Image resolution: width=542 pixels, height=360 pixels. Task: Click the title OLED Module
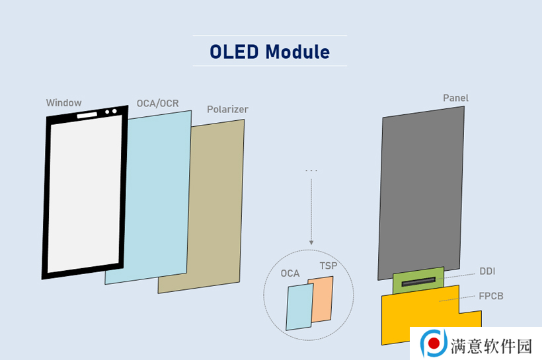pos(270,51)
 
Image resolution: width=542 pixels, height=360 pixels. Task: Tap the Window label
pos(63,102)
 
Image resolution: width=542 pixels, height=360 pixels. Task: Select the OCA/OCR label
pos(157,104)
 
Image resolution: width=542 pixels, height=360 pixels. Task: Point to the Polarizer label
pos(227,109)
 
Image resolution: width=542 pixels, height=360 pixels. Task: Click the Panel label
pos(455,98)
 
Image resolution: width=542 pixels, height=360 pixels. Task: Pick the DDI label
pos(486,271)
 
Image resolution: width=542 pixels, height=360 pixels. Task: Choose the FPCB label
pos(490,296)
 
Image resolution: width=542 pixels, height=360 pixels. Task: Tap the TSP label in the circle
pos(328,266)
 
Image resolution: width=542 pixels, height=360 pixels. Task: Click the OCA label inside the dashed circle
pos(290,273)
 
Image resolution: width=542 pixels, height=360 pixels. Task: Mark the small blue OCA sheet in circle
pos(299,306)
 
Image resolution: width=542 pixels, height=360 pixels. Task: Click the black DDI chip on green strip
pos(418,282)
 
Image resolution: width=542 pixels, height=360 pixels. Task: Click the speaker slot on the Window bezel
pos(87,115)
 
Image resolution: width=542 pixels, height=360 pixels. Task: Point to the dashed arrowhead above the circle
pos(311,242)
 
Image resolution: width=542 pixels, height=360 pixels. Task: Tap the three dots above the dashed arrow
pos(311,171)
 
